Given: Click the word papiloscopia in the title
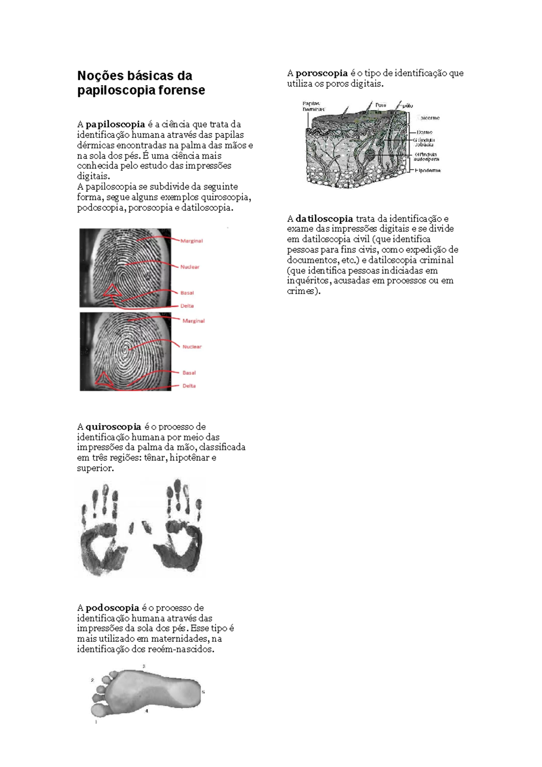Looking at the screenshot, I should click(111, 90).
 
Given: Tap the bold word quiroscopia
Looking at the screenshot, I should click(113, 427).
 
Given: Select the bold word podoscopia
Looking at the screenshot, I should click(112, 608).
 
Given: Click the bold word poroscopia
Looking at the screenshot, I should click(322, 73).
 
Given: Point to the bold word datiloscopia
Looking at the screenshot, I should click(324, 219).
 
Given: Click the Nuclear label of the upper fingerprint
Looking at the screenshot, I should click(190, 267).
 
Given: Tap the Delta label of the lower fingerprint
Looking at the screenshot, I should click(189, 386).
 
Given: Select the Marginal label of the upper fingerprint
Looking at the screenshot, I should click(192, 241).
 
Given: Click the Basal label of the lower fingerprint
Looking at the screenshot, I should click(189, 373).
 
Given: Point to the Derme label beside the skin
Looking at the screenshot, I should click(425, 132).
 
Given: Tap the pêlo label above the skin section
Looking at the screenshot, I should click(407, 106).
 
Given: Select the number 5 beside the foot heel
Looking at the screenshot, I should click(203, 692).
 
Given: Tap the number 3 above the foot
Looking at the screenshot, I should click(144, 666).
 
